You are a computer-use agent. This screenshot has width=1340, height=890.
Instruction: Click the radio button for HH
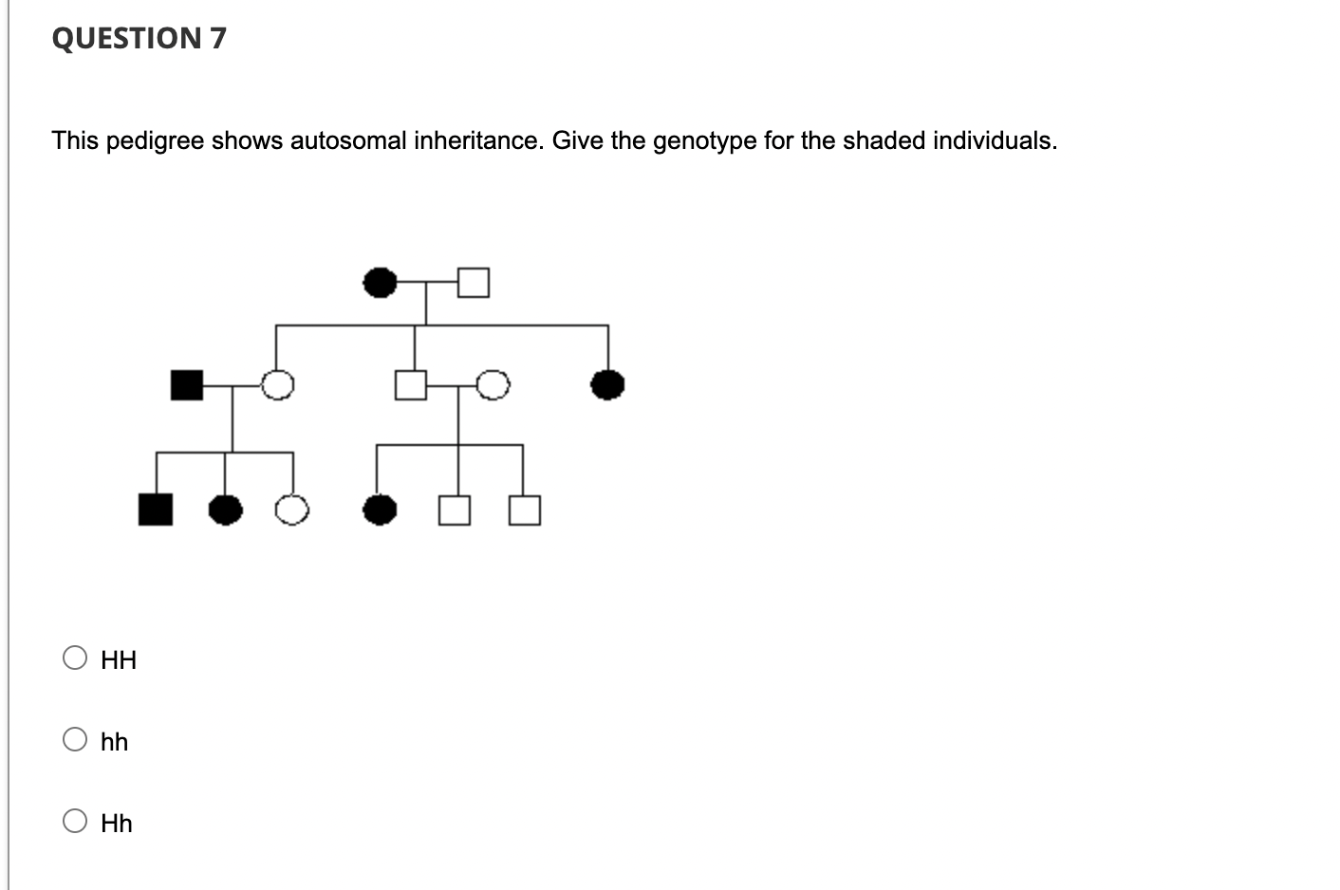pos(75,658)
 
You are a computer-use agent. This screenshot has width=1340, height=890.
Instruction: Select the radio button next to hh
pos(75,740)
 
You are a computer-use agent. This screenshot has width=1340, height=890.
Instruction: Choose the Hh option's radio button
pos(75,822)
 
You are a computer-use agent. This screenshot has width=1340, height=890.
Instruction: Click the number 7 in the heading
pos(217,38)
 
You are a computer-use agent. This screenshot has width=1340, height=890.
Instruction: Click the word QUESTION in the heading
pos(126,38)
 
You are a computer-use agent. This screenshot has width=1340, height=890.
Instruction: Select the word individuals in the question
pos(994,140)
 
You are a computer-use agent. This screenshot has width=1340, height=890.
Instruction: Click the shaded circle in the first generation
pos(381,282)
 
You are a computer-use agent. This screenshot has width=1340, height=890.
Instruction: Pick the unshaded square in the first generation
pos(474,282)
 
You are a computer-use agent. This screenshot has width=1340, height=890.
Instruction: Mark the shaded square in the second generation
pos(187,385)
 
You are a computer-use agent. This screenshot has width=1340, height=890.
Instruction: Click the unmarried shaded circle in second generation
pos(607,385)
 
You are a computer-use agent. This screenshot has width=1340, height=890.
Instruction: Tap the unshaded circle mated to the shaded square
pos(277,385)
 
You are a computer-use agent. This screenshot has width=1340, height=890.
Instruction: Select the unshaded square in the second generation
pos(411,385)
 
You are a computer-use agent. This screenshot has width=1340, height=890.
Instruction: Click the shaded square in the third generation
pos(156,510)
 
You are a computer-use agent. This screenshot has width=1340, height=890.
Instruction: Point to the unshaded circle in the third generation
pos(292,510)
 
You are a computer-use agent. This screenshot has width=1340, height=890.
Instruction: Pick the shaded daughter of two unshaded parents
pos(381,510)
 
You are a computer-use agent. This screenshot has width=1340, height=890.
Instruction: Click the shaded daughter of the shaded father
pos(225,510)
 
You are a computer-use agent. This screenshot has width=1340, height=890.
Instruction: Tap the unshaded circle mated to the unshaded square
pos(493,385)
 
